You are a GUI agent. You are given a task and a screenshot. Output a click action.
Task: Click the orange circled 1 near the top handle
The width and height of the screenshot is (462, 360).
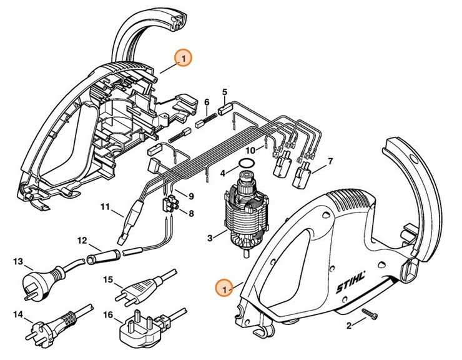183,58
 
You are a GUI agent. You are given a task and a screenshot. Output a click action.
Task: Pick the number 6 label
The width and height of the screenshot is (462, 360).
207,102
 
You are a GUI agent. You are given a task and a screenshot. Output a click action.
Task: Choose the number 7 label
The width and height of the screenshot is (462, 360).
330,161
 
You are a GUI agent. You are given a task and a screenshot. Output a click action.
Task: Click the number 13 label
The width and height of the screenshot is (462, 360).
18,261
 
